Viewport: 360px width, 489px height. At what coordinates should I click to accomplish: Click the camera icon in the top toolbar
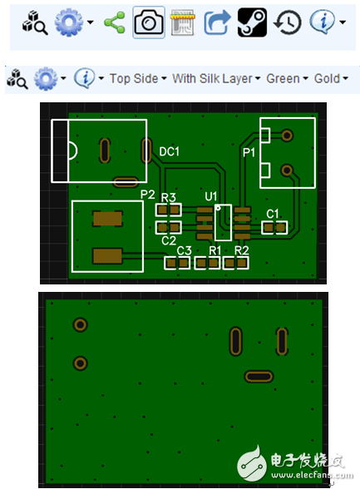(x=149, y=22)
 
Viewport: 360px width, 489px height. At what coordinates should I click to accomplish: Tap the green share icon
(x=115, y=22)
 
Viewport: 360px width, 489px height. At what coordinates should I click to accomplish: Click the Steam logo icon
(x=252, y=22)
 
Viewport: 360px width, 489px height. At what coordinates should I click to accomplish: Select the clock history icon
(x=288, y=22)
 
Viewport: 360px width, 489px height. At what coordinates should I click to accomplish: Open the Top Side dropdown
(x=138, y=78)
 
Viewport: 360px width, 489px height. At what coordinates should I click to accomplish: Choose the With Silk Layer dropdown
(x=216, y=78)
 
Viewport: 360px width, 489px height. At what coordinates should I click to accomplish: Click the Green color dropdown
(x=287, y=78)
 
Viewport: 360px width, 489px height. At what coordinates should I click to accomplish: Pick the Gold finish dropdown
(x=331, y=78)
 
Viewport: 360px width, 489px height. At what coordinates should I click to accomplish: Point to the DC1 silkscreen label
(x=170, y=152)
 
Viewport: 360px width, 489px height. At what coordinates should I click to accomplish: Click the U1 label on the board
(x=210, y=196)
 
